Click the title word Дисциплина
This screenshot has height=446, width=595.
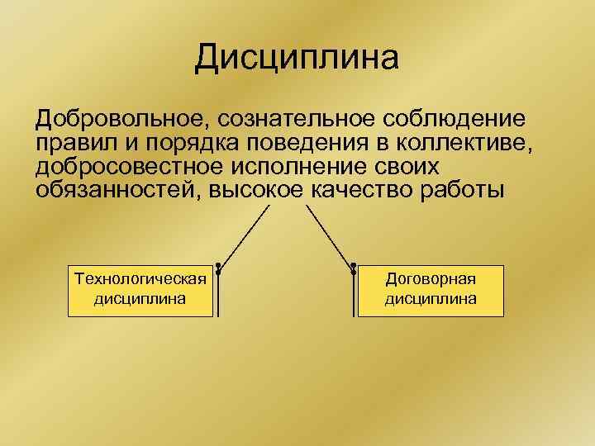297,59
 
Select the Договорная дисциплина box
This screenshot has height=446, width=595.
430,290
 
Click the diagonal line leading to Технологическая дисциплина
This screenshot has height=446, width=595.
244,235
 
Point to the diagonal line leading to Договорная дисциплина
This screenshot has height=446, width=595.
328,235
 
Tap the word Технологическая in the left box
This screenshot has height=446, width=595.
139,278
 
